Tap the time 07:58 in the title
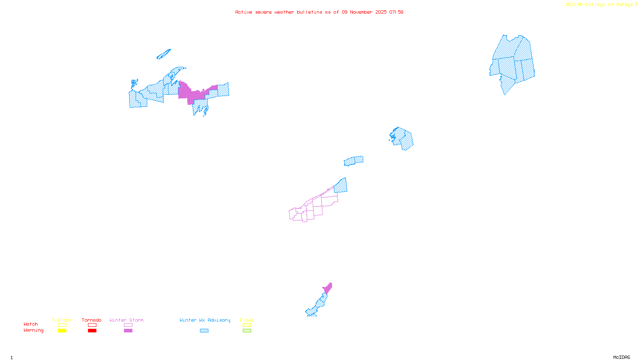[396, 12]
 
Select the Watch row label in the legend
[31, 324]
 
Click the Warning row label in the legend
[34, 330]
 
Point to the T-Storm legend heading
[62, 320]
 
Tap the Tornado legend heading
[92, 320]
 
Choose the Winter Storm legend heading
[126, 320]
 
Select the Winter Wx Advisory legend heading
[205, 320]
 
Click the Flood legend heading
[247, 320]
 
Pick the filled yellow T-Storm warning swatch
[62, 331]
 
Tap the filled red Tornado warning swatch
[92, 331]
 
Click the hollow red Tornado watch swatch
[92, 325]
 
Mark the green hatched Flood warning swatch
[247, 331]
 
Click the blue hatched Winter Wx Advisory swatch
[204, 331]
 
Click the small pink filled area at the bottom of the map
[328, 288]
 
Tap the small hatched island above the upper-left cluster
[163, 54]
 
